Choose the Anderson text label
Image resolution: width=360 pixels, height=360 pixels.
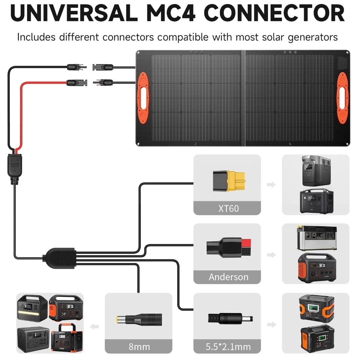point(228,277)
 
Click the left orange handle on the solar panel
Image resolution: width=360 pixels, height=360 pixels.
point(143,98)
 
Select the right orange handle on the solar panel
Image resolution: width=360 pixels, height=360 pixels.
point(342,98)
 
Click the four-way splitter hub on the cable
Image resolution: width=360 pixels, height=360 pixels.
point(60,256)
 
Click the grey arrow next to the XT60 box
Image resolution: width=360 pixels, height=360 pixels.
point(271,185)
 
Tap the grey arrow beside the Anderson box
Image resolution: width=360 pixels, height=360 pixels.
point(271,254)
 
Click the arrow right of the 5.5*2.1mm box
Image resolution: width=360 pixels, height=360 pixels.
point(271,324)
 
